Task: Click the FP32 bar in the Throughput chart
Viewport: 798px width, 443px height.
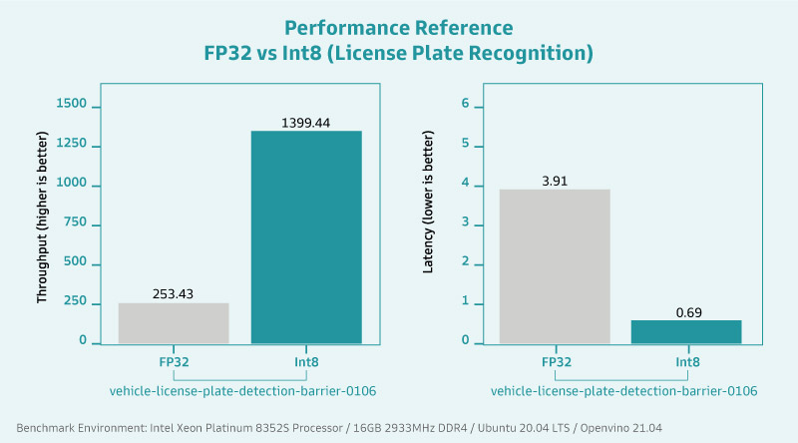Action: click(174, 323)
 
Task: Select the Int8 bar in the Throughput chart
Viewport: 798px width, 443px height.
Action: click(306, 237)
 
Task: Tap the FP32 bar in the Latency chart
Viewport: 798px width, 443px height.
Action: click(555, 266)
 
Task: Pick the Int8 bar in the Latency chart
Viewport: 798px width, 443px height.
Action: click(685, 331)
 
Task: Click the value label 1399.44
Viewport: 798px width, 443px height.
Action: click(305, 123)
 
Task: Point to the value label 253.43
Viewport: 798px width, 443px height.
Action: click(174, 294)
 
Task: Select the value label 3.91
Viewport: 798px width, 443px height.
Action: click(555, 182)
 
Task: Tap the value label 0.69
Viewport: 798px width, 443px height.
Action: click(685, 312)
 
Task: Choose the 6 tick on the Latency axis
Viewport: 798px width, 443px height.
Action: click(451, 107)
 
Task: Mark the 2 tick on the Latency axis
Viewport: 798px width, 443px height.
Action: click(451, 263)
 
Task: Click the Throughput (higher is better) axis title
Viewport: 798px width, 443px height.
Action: click(44, 225)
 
